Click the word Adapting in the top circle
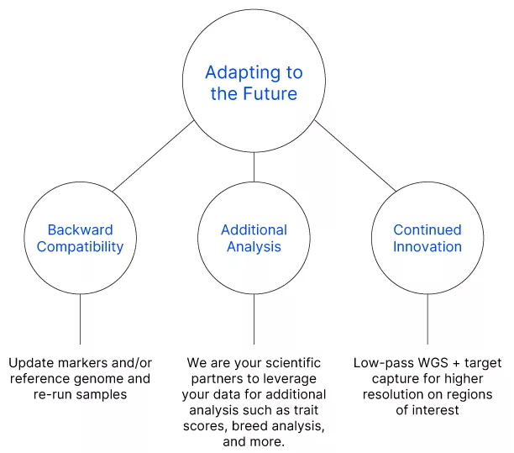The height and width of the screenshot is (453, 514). point(243,73)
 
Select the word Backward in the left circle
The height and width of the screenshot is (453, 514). point(81,230)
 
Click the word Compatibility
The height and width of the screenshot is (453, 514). point(81,247)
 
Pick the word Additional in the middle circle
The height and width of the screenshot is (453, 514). point(254,230)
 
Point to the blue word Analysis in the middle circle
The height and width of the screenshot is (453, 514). point(254,247)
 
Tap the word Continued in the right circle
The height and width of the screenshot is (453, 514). point(427,230)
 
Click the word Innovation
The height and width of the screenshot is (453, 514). point(427,247)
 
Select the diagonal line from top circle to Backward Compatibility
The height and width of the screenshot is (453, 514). point(153,156)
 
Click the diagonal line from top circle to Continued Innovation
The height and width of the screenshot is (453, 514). point(355,155)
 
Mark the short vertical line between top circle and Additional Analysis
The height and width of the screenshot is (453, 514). point(254,167)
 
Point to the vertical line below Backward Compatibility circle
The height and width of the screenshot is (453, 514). point(81,319)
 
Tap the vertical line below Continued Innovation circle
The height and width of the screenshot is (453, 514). point(427,319)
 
